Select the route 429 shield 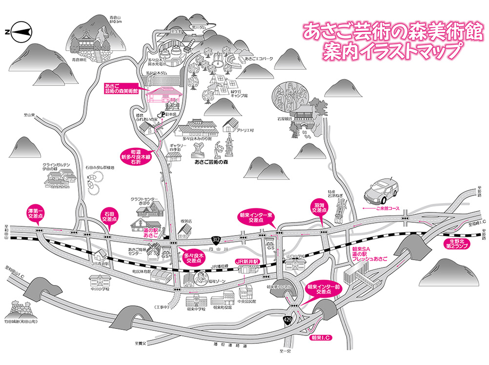coord(288,319)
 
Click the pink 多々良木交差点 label coord(191,258)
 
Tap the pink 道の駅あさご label coord(149,233)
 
